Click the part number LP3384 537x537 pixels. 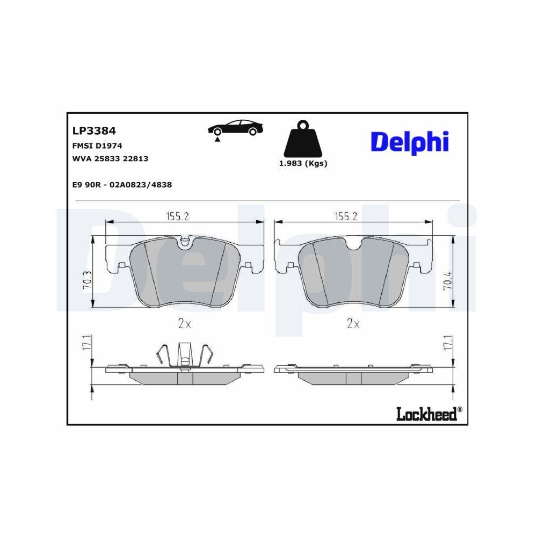94,130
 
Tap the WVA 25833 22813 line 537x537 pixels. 110,159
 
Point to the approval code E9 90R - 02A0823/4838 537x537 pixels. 122,184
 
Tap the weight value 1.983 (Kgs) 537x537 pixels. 303,164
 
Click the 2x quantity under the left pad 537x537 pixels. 184,324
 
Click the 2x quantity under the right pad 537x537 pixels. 353,324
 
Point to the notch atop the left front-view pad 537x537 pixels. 185,243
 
